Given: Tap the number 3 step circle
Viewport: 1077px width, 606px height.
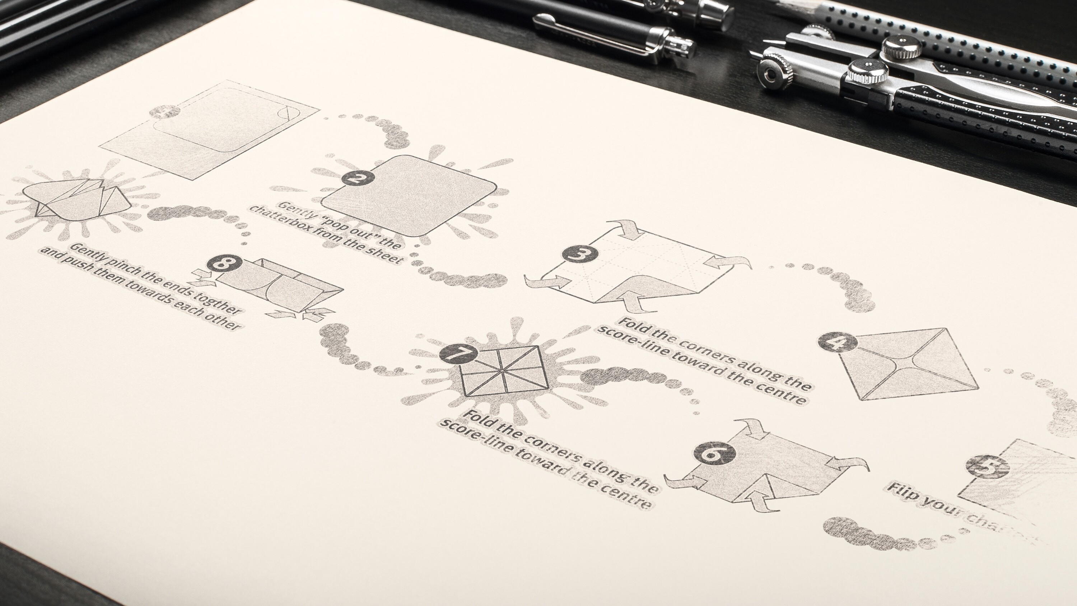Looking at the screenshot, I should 576,253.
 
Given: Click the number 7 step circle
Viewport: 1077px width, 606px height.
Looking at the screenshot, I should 458,354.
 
